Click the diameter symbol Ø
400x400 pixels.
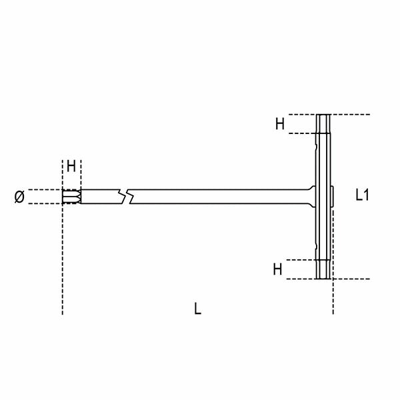coord(19,196)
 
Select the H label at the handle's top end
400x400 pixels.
coord(281,123)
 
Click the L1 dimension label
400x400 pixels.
coord(363,195)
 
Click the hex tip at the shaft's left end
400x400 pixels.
coord(70,197)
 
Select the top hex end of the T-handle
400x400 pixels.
coord(323,124)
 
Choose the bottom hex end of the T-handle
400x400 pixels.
coord(323,269)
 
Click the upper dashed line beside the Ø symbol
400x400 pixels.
coord(47,190)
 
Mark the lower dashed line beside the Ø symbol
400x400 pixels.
coord(47,203)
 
